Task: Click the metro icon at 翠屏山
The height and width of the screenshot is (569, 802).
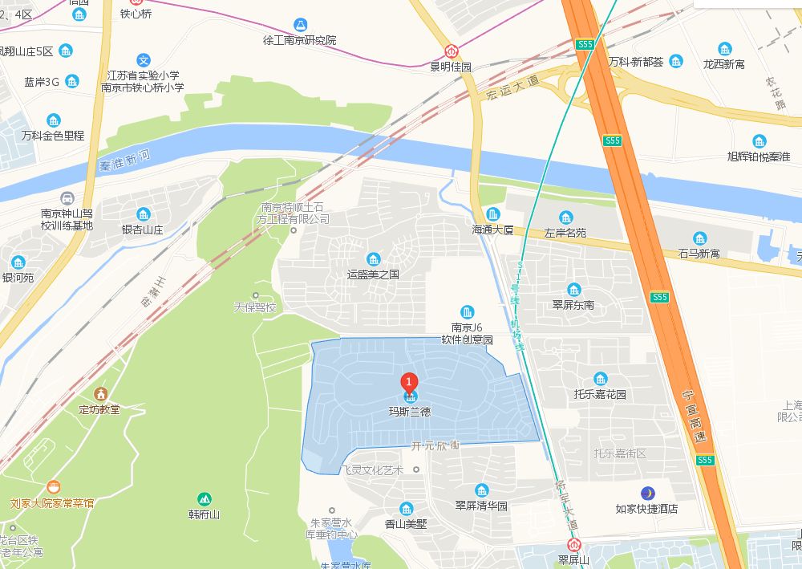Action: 573,545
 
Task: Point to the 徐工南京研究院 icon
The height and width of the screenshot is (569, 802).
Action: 300,25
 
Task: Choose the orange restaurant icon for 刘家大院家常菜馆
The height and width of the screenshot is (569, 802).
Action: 53,487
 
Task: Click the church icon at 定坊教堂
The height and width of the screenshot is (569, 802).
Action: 100,393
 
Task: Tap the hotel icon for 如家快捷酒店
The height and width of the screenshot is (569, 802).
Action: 646,492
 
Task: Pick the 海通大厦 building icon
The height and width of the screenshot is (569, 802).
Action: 492,214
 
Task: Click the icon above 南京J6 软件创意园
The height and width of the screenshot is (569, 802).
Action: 468,311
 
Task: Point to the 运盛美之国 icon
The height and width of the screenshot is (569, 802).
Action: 373,258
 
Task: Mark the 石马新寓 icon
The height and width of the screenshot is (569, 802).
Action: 700,238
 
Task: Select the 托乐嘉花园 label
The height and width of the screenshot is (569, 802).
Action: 600,394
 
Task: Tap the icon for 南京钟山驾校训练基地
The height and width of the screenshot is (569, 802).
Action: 67,197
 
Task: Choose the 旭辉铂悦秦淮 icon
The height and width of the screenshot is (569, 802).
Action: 759,141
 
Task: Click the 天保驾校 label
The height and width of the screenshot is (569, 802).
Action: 254,307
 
